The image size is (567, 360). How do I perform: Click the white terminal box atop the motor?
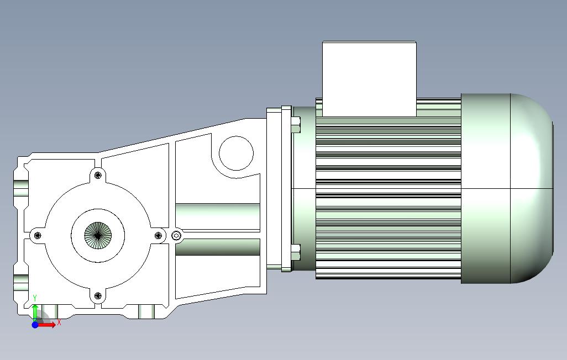click(369, 79)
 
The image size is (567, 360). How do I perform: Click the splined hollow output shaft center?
click(98, 236)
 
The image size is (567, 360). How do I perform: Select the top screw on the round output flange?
click(98, 175)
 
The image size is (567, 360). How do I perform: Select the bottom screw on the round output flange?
click(98, 296)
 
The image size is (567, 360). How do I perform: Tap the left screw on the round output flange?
click(37, 236)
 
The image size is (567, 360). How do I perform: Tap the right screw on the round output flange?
click(158, 236)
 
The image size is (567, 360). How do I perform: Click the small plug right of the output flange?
click(176, 236)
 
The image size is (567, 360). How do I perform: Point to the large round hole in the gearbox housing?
click(236, 153)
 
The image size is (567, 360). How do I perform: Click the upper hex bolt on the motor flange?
click(296, 125)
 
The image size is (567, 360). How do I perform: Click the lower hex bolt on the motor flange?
click(296, 252)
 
